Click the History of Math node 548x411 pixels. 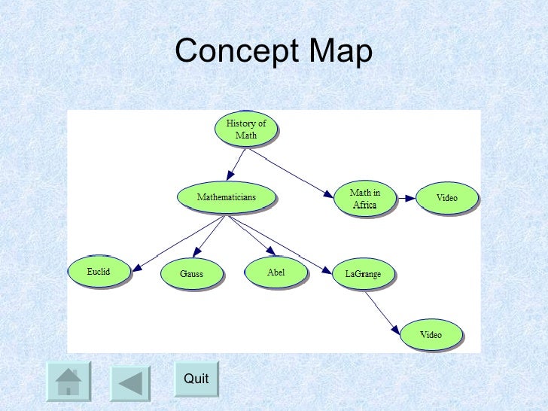click(245, 129)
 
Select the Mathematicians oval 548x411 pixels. click(226, 197)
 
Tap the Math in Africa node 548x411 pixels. click(364, 199)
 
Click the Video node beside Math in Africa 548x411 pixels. click(446, 198)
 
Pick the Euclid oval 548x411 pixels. click(99, 272)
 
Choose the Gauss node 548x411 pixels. click(191, 274)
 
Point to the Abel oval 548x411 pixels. click(276, 272)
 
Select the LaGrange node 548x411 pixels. click(363, 274)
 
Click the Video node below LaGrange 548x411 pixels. click(431, 335)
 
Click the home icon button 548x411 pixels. click(68, 381)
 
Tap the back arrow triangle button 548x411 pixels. click(131, 381)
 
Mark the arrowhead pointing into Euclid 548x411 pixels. click(139, 266)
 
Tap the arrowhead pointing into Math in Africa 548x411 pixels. click(328, 194)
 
